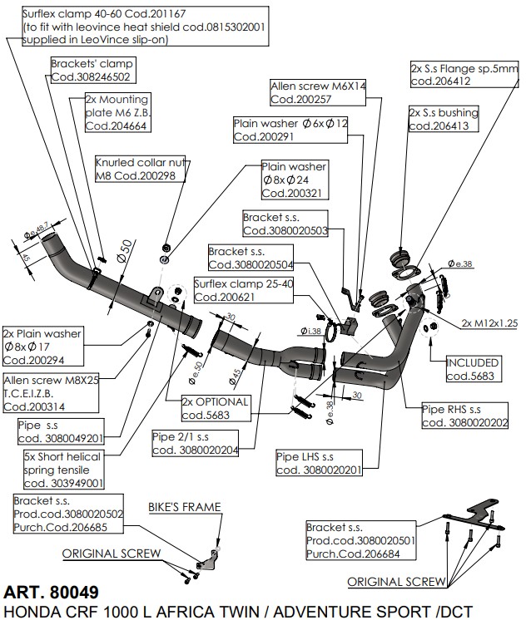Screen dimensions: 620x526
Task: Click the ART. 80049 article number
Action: (x=51, y=593)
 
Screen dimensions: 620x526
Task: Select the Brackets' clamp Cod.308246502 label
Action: (x=92, y=70)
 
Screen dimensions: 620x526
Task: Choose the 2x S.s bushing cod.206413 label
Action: (x=443, y=120)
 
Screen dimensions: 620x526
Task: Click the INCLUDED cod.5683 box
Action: (x=473, y=370)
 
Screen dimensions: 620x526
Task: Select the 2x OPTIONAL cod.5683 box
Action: (x=215, y=408)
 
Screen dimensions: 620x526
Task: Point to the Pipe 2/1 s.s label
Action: (x=194, y=441)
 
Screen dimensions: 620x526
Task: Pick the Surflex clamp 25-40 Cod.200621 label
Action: (x=231, y=289)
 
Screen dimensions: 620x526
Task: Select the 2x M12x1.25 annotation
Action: (x=489, y=322)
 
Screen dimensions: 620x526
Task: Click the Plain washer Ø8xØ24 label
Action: (x=294, y=180)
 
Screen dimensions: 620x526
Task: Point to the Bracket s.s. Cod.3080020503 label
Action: (x=284, y=224)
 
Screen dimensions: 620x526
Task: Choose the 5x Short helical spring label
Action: (x=63, y=470)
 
